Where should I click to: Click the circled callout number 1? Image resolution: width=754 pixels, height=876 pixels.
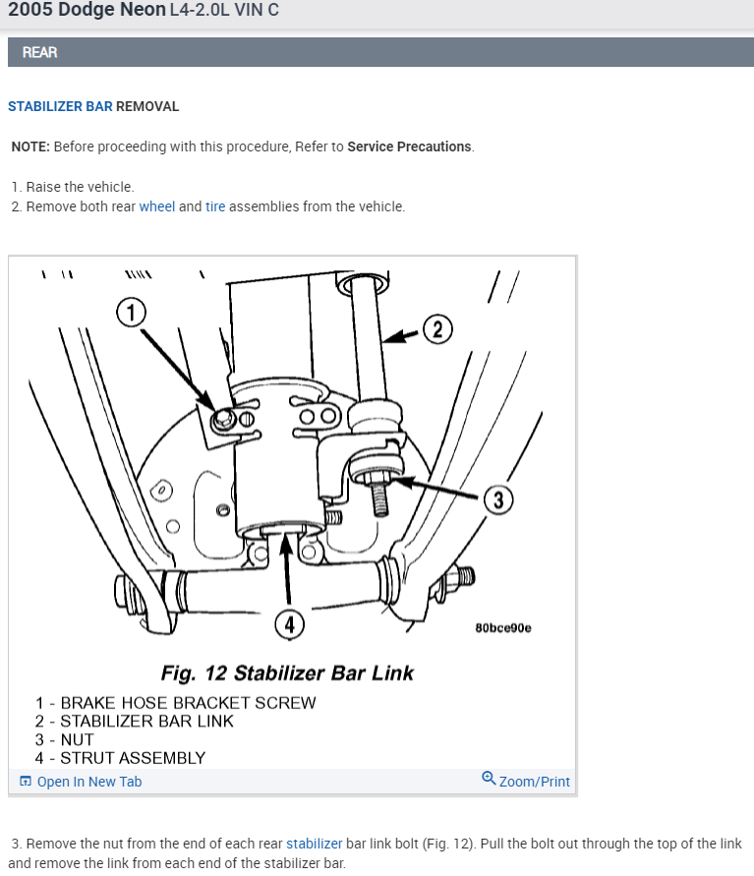tap(131, 314)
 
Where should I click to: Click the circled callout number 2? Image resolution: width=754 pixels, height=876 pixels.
tap(437, 329)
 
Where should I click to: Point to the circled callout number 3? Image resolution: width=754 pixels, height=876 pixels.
tap(498, 500)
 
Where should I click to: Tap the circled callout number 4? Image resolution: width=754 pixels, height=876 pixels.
tap(288, 622)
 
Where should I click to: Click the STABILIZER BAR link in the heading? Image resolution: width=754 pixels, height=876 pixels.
tap(60, 106)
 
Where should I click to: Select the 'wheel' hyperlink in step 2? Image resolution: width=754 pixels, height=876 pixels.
tap(156, 206)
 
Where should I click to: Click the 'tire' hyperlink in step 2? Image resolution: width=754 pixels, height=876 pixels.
tap(215, 206)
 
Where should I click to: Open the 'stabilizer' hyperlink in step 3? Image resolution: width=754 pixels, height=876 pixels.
tap(315, 844)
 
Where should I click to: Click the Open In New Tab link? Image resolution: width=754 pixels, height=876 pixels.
tap(88, 782)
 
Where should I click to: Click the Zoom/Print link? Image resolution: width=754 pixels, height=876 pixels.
tap(534, 782)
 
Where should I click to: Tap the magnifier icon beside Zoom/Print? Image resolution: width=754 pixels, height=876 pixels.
tap(489, 780)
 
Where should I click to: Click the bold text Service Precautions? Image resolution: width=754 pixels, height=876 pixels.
tap(409, 146)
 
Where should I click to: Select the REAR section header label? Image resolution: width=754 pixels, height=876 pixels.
tap(40, 52)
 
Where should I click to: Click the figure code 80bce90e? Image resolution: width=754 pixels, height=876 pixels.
tap(502, 628)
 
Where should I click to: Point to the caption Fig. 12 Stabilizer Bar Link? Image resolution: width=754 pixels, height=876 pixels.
tap(287, 673)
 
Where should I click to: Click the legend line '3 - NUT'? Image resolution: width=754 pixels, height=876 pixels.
tap(65, 739)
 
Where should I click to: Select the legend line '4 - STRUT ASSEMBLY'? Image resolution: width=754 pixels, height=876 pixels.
tap(120, 758)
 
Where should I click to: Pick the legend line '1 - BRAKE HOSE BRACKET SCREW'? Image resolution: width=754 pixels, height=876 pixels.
tap(175, 703)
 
